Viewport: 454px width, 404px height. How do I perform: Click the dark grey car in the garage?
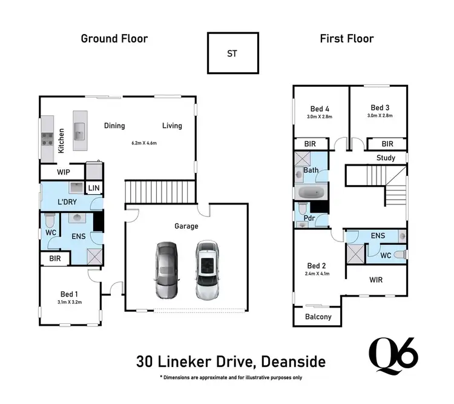(166, 270)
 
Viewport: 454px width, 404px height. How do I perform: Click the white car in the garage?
(206, 270)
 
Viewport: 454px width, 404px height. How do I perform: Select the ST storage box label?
(232, 53)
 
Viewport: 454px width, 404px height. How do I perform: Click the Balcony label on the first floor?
(318, 317)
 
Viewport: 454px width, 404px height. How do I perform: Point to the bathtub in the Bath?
(311, 194)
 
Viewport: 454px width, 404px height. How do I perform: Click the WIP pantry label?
(64, 172)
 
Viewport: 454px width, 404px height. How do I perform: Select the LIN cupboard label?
(93, 189)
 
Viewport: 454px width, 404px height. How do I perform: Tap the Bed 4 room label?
(316, 107)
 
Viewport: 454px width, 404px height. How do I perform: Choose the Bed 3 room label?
(380, 107)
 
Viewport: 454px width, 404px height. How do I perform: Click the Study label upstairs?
(386, 158)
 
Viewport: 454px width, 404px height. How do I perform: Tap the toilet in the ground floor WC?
(50, 218)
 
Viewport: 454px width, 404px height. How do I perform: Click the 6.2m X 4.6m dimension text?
(144, 144)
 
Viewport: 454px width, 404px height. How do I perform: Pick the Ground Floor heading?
(114, 39)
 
